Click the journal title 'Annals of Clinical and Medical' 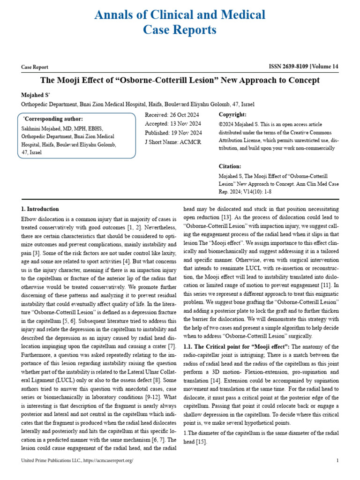click(180, 15)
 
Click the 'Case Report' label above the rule click(35, 67)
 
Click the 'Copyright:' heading click(232, 115)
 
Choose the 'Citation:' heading click(230, 166)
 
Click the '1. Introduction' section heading click(40, 209)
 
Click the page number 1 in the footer click(337, 461)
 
